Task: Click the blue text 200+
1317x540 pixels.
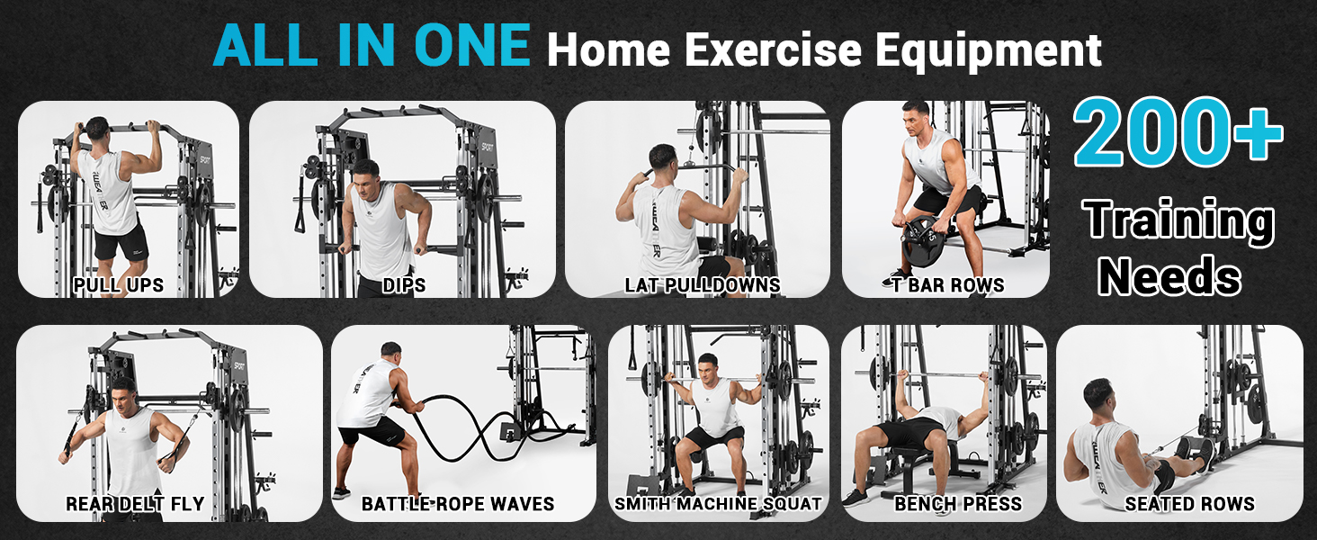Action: coord(1178,132)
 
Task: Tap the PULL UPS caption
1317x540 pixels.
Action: coord(119,284)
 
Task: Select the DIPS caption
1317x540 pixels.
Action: coord(404,285)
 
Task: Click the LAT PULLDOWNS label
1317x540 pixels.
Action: coord(703,285)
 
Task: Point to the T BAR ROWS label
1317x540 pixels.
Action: coord(948,285)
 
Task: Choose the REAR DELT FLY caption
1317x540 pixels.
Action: coord(135,503)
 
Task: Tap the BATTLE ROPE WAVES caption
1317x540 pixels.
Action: coord(457,503)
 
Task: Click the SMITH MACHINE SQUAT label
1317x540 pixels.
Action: coord(718,503)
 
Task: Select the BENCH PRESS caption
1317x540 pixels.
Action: coord(958,503)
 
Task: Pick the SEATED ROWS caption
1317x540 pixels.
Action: coord(1189,503)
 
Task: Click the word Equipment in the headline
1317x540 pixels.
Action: coord(989,51)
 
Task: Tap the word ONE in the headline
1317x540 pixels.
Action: coord(472,45)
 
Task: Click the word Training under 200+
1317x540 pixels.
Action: coord(1178,222)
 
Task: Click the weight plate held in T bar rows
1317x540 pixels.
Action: coord(922,241)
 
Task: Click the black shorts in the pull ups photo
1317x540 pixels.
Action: coord(121,241)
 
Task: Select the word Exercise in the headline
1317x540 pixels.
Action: coord(773,49)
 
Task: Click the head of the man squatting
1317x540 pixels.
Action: coord(707,367)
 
